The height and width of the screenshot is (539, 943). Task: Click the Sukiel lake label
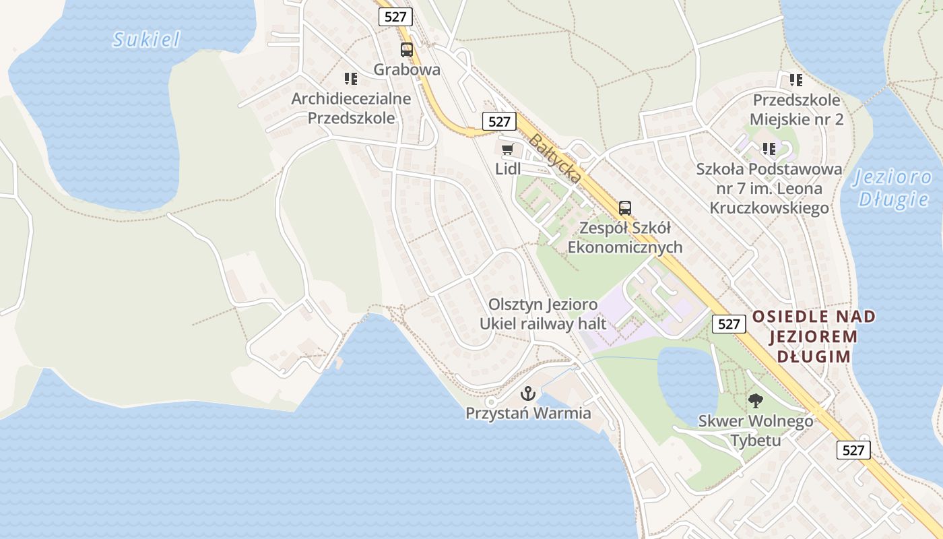pyautogui.click(x=147, y=40)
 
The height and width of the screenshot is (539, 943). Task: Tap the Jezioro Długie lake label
pyautogui.click(x=892, y=188)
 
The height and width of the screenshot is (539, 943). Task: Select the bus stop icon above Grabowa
pyautogui.click(x=406, y=49)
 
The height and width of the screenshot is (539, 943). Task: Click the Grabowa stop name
pyautogui.click(x=407, y=69)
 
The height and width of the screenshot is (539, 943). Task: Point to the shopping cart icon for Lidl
pyautogui.click(x=507, y=149)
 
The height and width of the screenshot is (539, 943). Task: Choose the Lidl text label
pyautogui.click(x=508, y=169)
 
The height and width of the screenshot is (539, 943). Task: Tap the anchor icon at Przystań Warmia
pyautogui.click(x=529, y=392)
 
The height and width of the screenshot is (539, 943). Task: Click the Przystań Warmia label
pyautogui.click(x=528, y=413)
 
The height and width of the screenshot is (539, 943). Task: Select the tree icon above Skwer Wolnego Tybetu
pyautogui.click(x=755, y=401)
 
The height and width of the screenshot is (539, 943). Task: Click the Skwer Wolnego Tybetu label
pyautogui.click(x=755, y=431)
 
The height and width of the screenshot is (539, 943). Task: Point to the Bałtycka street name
pyautogui.click(x=555, y=159)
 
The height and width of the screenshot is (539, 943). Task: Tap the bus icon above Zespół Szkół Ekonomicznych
pyautogui.click(x=625, y=208)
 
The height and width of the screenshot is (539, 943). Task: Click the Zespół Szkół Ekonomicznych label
pyautogui.click(x=625, y=238)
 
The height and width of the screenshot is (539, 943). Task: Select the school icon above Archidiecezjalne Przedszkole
pyautogui.click(x=350, y=79)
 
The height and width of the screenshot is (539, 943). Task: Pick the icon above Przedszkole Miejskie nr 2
pyautogui.click(x=796, y=80)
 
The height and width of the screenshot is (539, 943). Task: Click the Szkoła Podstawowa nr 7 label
pyautogui.click(x=769, y=188)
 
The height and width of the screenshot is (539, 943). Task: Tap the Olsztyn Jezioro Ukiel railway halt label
pyautogui.click(x=543, y=314)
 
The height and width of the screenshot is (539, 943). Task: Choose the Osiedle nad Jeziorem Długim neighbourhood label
pyautogui.click(x=814, y=336)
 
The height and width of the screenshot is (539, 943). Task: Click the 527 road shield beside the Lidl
pyautogui.click(x=499, y=121)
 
